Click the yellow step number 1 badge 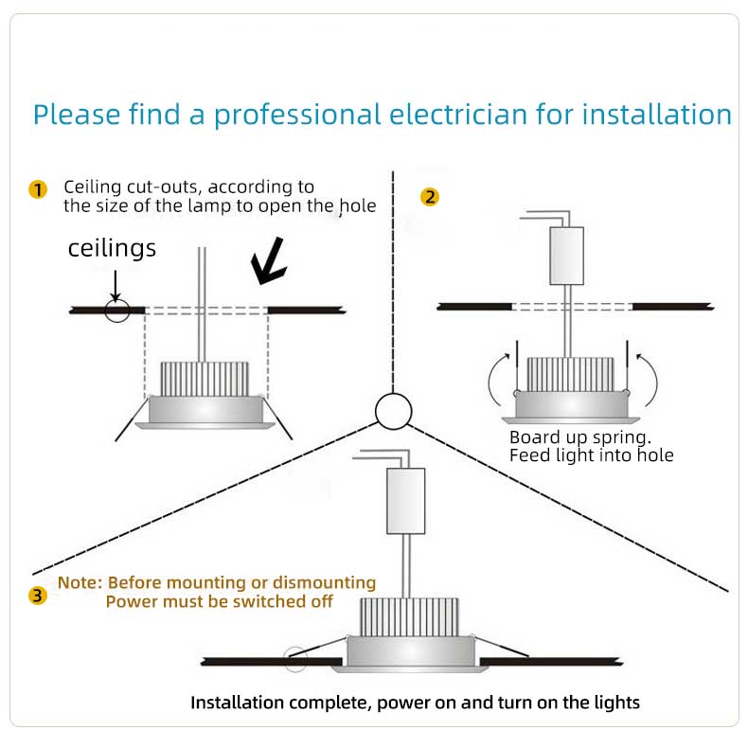click(x=38, y=189)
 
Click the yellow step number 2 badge click(x=430, y=197)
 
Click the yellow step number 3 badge click(x=38, y=596)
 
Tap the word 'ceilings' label click(x=112, y=248)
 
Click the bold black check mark click(x=269, y=261)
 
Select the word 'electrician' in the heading click(x=458, y=115)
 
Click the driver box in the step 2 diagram click(x=567, y=256)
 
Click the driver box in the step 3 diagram click(x=405, y=501)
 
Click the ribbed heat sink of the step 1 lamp click(x=205, y=380)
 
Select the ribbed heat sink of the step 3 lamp click(x=409, y=617)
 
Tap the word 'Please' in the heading click(x=77, y=115)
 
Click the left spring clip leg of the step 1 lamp click(x=133, y=419)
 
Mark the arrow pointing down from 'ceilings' click(x=116, y=286)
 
